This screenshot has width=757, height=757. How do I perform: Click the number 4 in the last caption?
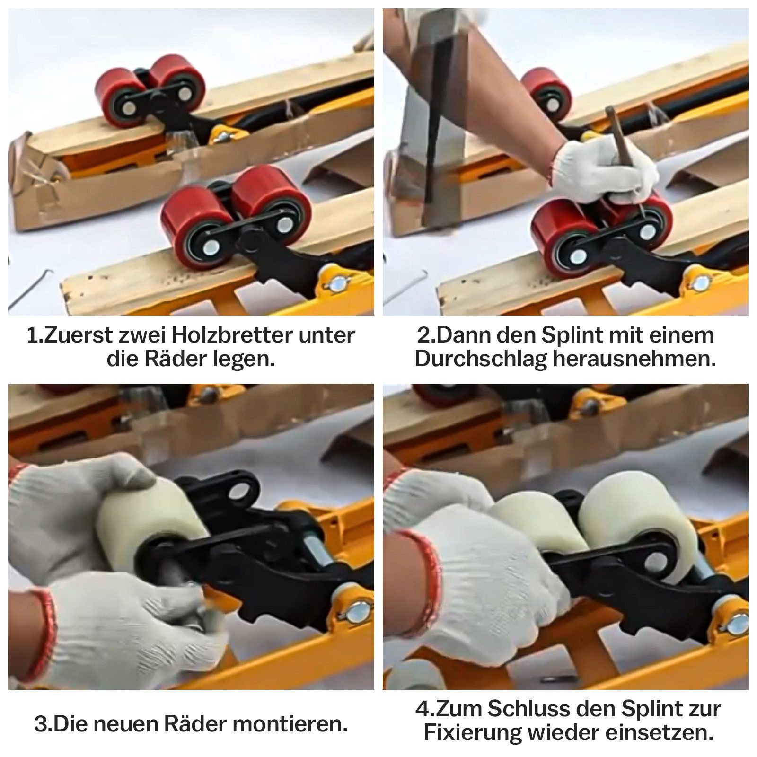[x=422, y=709]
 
